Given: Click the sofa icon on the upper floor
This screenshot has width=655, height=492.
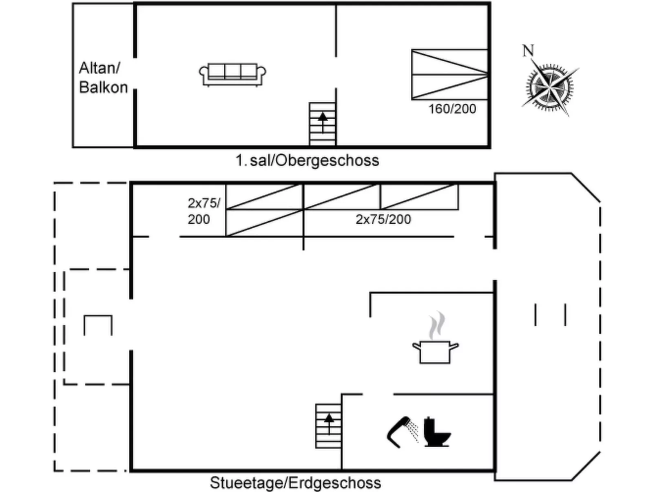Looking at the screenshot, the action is click(x=232, y=75).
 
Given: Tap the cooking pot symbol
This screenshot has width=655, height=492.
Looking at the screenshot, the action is click(x=435, y=352).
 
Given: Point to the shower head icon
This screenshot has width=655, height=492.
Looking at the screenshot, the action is click(x=402, y=432).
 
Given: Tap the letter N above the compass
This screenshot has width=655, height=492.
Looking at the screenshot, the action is click(x=528, y=51).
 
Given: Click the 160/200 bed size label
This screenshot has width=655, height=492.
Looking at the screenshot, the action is click(x=452, y=109).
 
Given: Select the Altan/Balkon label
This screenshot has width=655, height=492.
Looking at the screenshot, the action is click(x=103, y=78).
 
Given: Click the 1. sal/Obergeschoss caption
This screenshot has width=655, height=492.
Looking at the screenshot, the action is click(x=308, y=160).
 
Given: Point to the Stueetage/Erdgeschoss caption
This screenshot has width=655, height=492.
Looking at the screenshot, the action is click(x=295, y=483).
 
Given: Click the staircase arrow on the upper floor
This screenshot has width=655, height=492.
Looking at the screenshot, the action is click(x=323, y=122).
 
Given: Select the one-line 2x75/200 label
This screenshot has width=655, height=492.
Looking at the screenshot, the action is click(x=383, y=220).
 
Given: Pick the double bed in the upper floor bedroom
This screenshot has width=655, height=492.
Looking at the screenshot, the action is click(x=450, y=74).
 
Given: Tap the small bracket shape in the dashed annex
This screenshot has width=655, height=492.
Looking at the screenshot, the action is click(x=98, y=325).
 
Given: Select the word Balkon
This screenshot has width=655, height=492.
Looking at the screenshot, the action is click(x=104, y=87).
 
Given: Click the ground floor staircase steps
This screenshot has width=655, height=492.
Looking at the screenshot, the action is click(x=328, y=426).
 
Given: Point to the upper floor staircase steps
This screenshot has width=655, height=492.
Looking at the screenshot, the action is click(x=323, y=124).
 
